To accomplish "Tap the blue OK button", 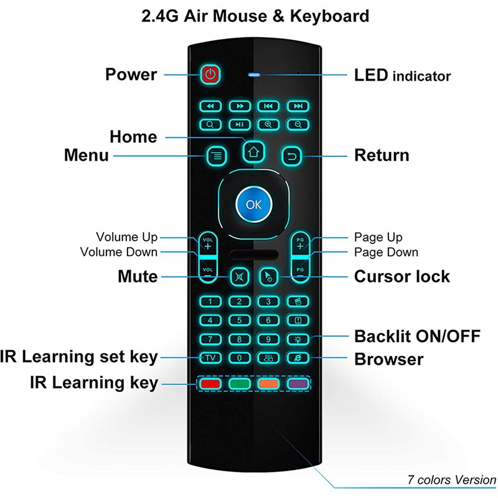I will pos(253,204).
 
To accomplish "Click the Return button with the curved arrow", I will pos(291,155).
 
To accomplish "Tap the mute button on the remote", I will pos(239,276).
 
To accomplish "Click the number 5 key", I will pos(239,321).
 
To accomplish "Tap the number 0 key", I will pos(239,359).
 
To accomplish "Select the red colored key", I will pos(210,383).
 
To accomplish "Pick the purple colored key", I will pos(297,383).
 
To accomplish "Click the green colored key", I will pos(239,383).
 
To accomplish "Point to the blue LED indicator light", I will pos(253,76).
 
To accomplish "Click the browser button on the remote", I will pos(298,359).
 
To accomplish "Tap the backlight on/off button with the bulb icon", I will pos(298,339).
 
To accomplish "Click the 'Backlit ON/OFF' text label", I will pos(416,337).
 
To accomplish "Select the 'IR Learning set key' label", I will pos(79,357).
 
